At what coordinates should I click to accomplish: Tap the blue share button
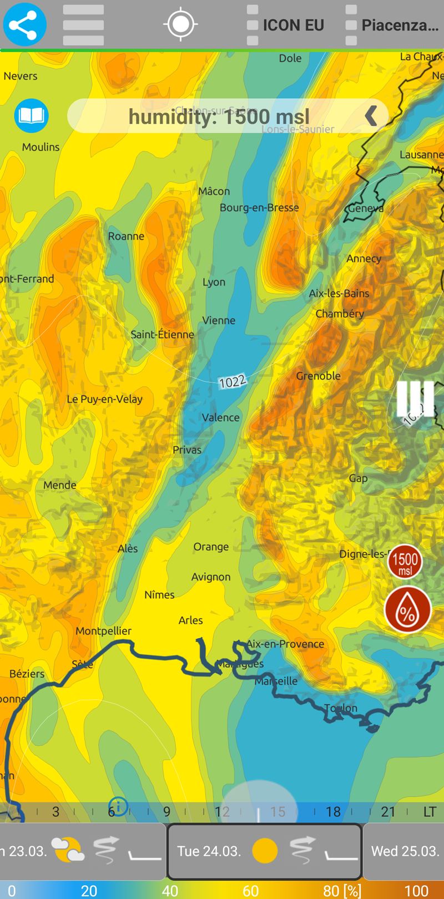pos(24,25)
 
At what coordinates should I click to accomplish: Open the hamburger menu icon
pos(83,25)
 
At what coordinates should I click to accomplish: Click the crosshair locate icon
pos(180,24)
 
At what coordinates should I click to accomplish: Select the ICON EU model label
pos(292,26)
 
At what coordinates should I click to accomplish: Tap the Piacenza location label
pos(399,26)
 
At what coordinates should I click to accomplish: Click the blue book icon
pos(32,115)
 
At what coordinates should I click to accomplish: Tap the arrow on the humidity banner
pos(371,116)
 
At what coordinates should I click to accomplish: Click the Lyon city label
pos(214,282)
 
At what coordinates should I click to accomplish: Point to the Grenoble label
pos(318,376)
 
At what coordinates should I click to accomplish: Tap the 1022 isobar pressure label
pos(232,382)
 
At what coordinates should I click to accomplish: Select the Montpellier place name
pos(103,631)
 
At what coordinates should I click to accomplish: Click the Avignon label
pos(210,577)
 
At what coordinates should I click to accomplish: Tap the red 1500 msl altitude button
pos(405,563)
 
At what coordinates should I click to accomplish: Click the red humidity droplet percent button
pos(407,610)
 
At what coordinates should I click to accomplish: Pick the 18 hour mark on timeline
pos(333,812)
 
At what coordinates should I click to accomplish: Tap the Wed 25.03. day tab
pos(405,851)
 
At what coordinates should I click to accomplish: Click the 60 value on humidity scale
pos(251,891)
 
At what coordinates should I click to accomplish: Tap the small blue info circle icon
pos(118,805)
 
